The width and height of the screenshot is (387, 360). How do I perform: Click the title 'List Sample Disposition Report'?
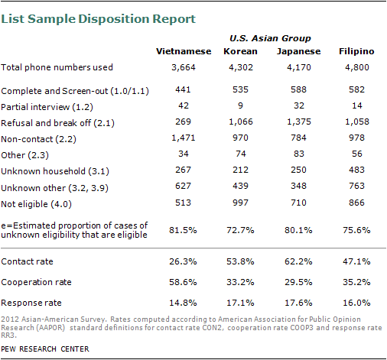coord(99,19)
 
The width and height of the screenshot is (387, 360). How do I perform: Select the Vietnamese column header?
coord(184,51)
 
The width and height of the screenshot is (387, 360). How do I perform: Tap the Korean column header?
coord(240,51)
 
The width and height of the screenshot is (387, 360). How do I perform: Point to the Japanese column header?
coord(299,52)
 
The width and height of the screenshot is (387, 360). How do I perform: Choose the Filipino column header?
coord(356,52)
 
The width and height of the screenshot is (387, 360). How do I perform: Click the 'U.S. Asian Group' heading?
coord(270,38)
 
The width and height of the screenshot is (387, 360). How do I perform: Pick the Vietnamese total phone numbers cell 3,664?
coord(184,67)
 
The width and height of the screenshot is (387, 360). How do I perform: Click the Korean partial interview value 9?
coord(240,105)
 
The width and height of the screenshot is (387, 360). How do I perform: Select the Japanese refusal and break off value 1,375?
coord(299,122)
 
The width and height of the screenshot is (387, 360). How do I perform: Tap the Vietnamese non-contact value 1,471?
coord(184,138)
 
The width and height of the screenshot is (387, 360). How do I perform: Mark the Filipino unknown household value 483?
coord(356,170)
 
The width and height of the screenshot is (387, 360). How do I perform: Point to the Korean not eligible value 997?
coord(240,203)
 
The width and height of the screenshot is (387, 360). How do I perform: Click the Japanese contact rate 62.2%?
coord(298,261)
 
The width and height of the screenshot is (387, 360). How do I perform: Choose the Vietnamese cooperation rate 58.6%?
coord(183,282)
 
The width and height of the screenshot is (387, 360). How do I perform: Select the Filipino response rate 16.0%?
coord(356,303)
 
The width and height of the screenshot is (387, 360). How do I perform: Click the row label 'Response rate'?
coord(31,303)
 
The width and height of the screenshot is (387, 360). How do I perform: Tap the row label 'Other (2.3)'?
coord(24,155)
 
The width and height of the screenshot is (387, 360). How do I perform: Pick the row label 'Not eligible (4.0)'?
coord(36,204)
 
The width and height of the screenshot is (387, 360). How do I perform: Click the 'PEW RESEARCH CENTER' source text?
coord(45,349)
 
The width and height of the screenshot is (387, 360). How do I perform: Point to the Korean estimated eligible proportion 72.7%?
coord(240,230)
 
